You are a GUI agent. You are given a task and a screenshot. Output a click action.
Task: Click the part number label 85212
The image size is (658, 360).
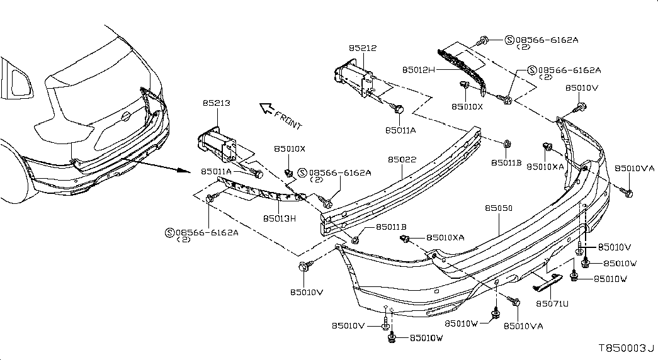363,48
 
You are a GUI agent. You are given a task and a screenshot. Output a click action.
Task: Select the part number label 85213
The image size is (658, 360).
216,103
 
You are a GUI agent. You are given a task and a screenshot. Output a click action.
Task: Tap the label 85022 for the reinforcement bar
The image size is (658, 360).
402,160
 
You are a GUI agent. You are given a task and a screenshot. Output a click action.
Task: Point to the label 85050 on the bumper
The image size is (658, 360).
499,208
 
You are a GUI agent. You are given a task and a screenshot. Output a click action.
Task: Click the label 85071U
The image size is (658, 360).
552,303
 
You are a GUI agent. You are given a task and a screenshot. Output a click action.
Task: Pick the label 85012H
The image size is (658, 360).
418,70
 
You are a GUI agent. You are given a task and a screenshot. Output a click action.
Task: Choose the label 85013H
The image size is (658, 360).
280,218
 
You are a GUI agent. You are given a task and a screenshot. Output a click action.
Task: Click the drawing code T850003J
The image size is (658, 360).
626,348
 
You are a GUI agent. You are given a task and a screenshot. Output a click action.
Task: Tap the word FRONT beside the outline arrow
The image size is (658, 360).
288,119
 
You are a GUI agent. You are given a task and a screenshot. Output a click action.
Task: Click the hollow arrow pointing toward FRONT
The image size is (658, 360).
266,109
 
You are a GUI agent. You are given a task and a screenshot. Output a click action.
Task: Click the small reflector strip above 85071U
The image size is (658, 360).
548,282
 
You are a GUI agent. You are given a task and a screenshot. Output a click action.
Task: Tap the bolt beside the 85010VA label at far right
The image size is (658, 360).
627,192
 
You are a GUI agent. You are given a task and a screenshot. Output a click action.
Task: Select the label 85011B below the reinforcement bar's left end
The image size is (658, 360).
391,227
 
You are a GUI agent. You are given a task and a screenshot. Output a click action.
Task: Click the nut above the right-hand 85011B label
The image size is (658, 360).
506,144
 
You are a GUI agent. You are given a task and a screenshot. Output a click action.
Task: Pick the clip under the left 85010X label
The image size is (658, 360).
289,172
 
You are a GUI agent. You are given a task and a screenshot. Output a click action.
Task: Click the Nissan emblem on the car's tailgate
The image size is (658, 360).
125,116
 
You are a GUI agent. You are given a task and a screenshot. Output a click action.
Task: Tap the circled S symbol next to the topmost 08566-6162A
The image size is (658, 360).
509,40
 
